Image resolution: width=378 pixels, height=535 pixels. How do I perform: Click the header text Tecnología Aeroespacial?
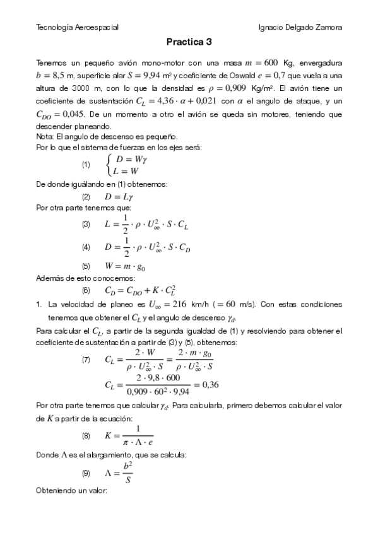click(78, 28)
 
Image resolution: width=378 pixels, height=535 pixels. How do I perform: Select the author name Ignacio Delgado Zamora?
click(301, 28)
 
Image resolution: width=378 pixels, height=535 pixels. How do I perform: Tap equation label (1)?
click(86, 165)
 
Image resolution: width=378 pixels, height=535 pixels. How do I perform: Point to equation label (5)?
click(86, 266)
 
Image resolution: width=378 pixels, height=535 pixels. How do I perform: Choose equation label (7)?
click(86, 360)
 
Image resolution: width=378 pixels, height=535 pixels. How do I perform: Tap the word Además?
click(50, 278)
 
